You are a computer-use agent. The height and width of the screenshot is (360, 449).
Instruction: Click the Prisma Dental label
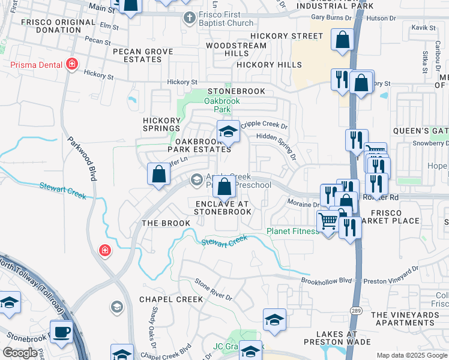34,64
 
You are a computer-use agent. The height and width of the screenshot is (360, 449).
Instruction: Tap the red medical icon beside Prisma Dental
72,64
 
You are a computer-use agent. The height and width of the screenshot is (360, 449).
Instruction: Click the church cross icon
188,17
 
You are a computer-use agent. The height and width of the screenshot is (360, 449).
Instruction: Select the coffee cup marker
61,331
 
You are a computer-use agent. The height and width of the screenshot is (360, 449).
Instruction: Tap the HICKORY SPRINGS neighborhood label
161,124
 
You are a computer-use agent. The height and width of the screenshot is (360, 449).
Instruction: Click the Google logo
19,353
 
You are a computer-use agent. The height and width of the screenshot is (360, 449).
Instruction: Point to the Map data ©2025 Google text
411,355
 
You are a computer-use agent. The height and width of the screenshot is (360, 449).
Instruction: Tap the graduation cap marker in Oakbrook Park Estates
228,131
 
